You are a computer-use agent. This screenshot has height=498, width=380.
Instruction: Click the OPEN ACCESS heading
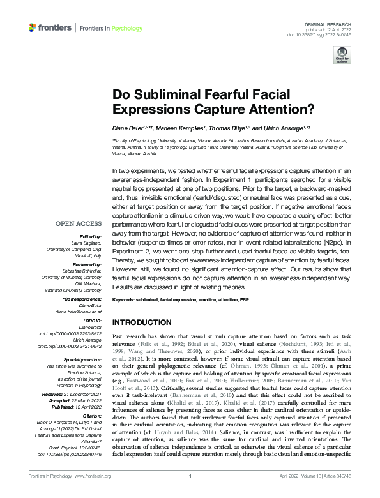tap(79, 223)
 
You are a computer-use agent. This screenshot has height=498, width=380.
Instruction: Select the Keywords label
tap(126, 299)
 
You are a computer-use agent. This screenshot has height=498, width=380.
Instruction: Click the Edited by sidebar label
tap(90, 236)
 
